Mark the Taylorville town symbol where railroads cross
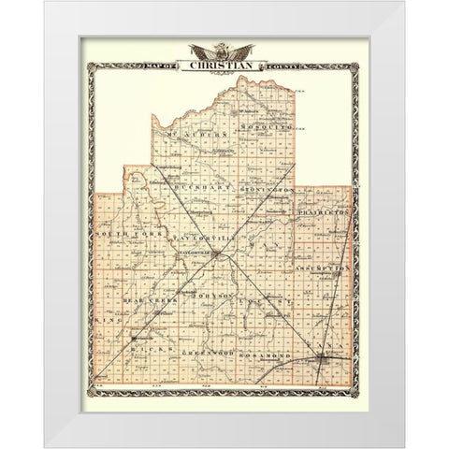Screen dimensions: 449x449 coord(214,253)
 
